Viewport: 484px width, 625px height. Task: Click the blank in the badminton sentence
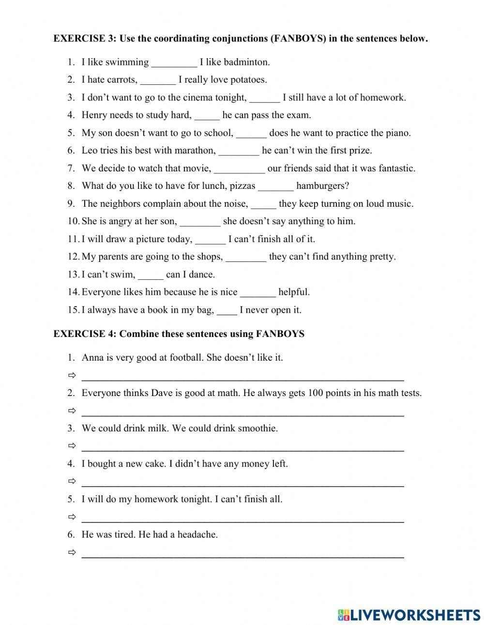(x=174, y=63)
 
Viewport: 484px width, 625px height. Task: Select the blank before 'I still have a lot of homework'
(x=264, y=99)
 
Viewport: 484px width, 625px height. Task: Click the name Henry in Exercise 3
(x=94, y=115)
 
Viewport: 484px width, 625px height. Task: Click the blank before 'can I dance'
(x=151, y=276)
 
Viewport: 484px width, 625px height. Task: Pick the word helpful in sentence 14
(x=294, y=292)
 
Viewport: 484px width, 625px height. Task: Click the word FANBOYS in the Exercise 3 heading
(x=298, y=39)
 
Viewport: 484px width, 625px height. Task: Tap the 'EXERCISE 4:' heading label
(x=85, y=334)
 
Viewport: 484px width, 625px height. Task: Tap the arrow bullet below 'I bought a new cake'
(x=72, y=481)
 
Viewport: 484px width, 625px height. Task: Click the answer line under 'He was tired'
(x=242, y=556)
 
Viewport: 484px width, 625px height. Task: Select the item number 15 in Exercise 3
(x=73, y=310)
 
